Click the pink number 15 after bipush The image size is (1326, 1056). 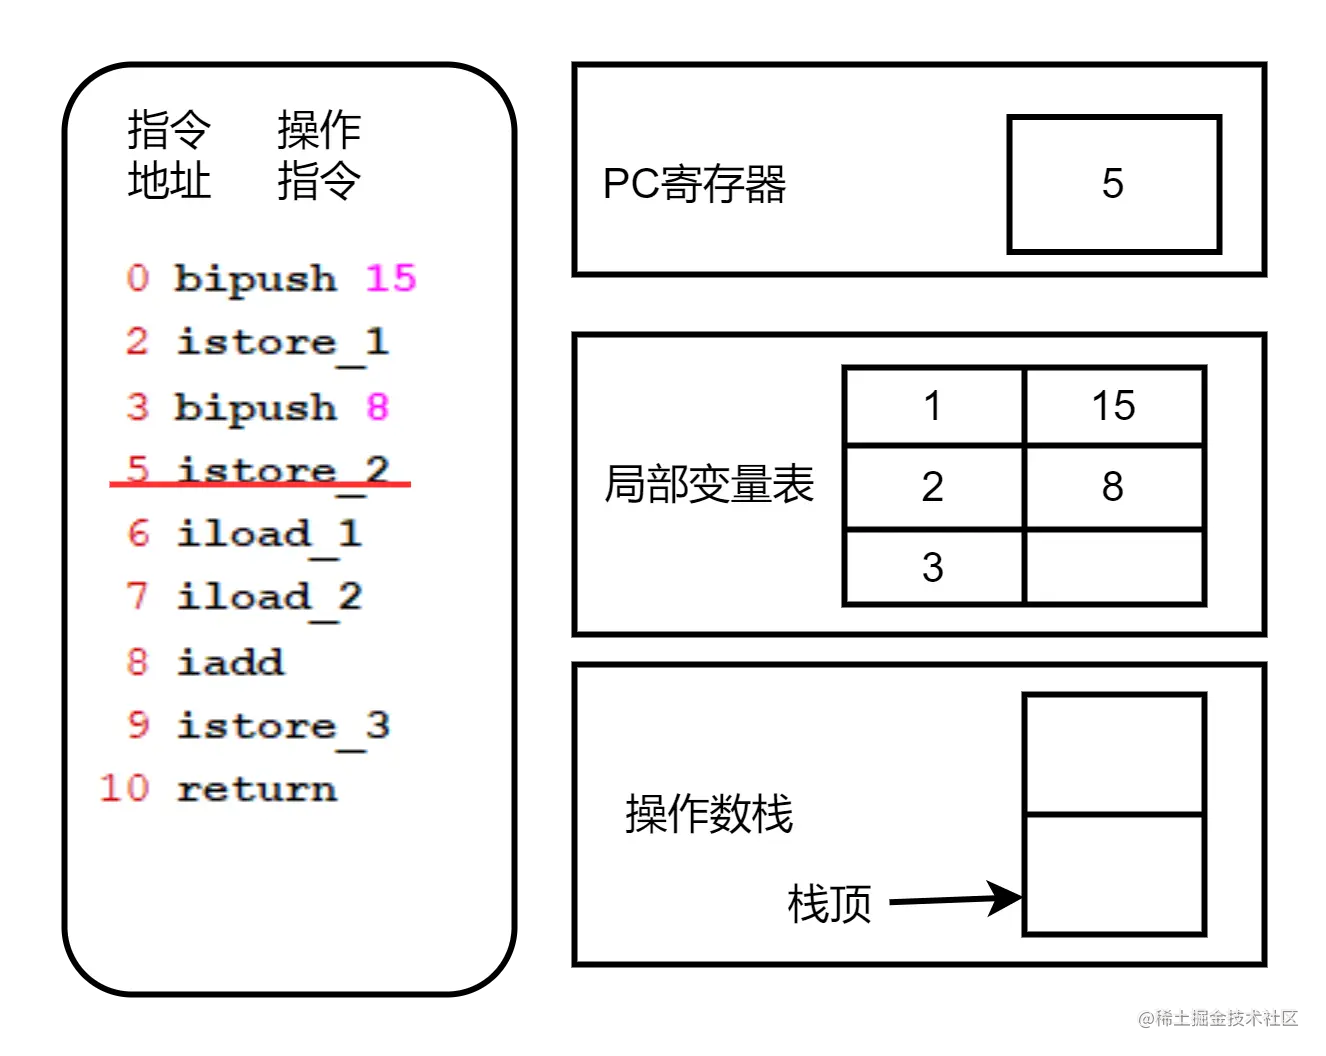pos(390,277)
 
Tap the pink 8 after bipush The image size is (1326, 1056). pos(377,406)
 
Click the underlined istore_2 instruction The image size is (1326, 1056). pos(282,470)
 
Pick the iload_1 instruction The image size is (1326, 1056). pos(269,534)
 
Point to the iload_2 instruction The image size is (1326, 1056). pos(269,598)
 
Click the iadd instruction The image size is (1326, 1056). pos(230,662)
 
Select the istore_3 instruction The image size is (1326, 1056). pos(282,726)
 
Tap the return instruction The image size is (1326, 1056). pos(256,789)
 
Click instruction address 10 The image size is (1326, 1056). pos(124,789)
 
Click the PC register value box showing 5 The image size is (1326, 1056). pos(1113,184)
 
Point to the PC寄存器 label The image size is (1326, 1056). pos(694,184)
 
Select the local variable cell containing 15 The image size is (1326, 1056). pos(1114,406)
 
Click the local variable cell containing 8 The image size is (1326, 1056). pos(1114,487)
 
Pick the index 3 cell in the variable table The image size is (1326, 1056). pos(933,567)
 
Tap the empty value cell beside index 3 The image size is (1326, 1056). pos(1114,567)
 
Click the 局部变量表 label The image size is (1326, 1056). pos(709,484)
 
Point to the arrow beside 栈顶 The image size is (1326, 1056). pos(955,899)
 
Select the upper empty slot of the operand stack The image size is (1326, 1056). pos(1114,754)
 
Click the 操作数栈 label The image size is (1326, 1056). pos(709,814)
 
